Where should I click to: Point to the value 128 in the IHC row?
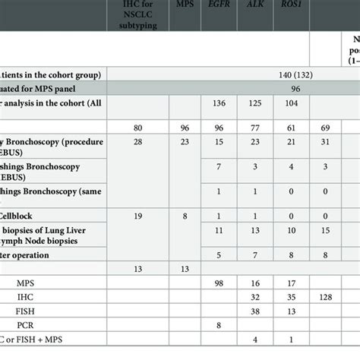pos(324,295)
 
